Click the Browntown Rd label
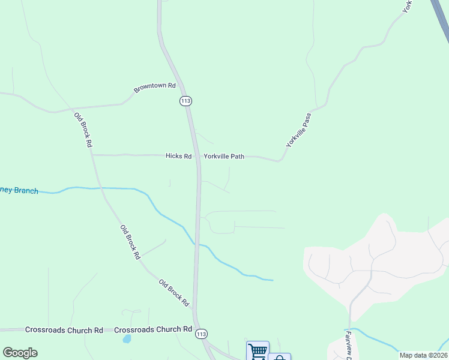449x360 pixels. point(154,88)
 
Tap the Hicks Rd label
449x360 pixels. point(178,156)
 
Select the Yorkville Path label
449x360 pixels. point(224,156)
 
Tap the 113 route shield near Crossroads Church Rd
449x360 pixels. point(201,334)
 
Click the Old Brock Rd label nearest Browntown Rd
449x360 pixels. point(83,130)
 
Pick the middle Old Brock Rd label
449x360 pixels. point(130,242)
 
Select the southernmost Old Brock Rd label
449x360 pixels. point(174,292)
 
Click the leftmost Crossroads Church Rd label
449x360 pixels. point(64,330)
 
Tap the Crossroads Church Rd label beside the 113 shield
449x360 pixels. point(152,330)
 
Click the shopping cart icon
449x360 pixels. point(258,351)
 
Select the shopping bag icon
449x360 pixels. point(279,358)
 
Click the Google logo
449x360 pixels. point(20,353)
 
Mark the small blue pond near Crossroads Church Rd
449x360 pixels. point(126,339)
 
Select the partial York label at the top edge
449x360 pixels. point(408,6)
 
